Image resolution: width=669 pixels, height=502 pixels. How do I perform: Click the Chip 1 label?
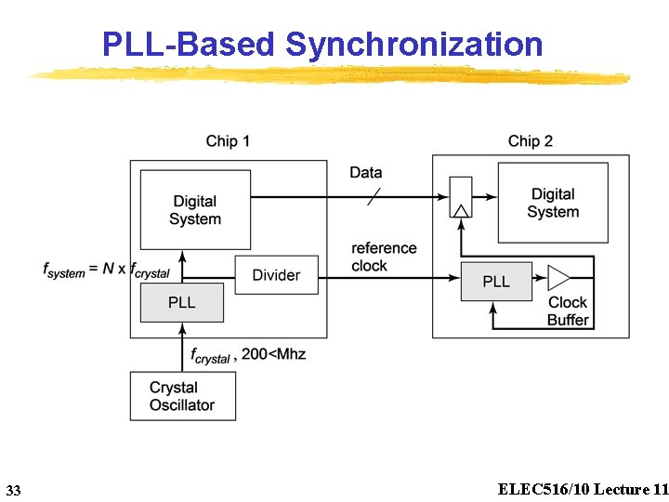(x=228, y=141)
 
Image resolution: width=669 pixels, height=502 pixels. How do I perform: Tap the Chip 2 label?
(x=531, y=141)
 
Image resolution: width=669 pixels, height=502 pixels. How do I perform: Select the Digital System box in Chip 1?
(x=195, y=210)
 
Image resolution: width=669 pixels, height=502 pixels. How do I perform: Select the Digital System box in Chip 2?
(x=553, y=203)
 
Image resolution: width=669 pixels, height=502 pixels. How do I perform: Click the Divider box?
(x=276, y=275)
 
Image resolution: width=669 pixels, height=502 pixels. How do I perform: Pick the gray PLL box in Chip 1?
(x=182, y=303)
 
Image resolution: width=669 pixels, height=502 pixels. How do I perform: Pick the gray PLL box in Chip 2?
(x=496, y=282)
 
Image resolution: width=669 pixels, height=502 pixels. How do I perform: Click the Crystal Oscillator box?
(x=182, y=396)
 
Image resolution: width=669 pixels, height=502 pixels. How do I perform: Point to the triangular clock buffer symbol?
(x=558, y=278)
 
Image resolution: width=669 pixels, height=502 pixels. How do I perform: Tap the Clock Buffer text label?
(x=568, y=311)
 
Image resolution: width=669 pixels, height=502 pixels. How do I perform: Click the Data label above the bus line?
(x=366, y=173)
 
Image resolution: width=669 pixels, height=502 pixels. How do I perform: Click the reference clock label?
(x=384, y=257)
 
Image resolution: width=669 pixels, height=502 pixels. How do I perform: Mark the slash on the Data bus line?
(x=374, y=197)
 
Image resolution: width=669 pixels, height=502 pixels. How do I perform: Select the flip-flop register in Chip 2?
(x=460, y=198)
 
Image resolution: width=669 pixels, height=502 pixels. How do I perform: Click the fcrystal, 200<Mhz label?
(x=247, y=355)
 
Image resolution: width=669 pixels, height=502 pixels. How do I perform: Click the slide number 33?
(x=13, y=490)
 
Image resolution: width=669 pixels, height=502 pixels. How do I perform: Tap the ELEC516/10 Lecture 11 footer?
(x=583, y=489)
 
